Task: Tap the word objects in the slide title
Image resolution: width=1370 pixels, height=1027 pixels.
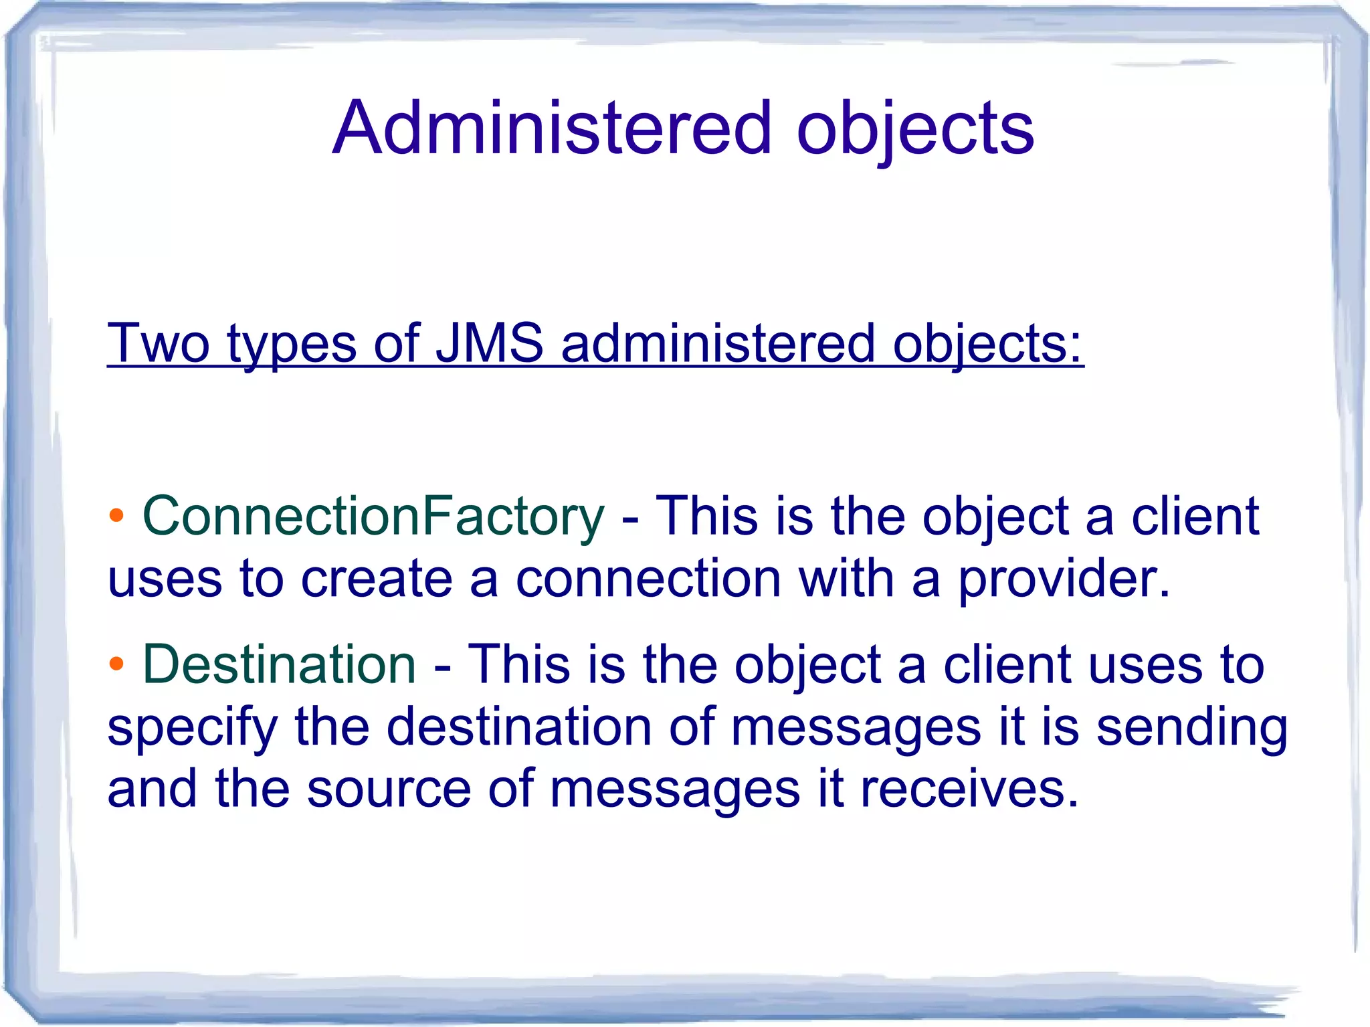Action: [915, 130]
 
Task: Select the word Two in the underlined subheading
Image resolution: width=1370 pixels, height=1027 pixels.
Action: [159, 343]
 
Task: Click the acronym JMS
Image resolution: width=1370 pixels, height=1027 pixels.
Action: [490, 343]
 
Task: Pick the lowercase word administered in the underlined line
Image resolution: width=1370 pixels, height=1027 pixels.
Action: [718, 343]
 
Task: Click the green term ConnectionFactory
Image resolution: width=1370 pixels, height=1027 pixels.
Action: [373, 517]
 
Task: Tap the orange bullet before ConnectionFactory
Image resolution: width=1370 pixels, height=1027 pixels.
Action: [116, 516]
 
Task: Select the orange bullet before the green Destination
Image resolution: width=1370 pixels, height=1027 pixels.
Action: [116, 664]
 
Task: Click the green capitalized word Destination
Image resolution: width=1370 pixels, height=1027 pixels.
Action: [280, 664]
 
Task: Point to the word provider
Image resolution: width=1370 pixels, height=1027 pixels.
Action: [1064, 580]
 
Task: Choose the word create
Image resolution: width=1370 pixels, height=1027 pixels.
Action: [377, 579]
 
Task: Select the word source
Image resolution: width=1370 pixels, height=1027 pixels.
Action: [389, 789]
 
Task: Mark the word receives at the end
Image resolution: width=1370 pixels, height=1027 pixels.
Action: [969, 789]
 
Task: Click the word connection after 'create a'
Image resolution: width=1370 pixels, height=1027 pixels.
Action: [648, 579]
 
